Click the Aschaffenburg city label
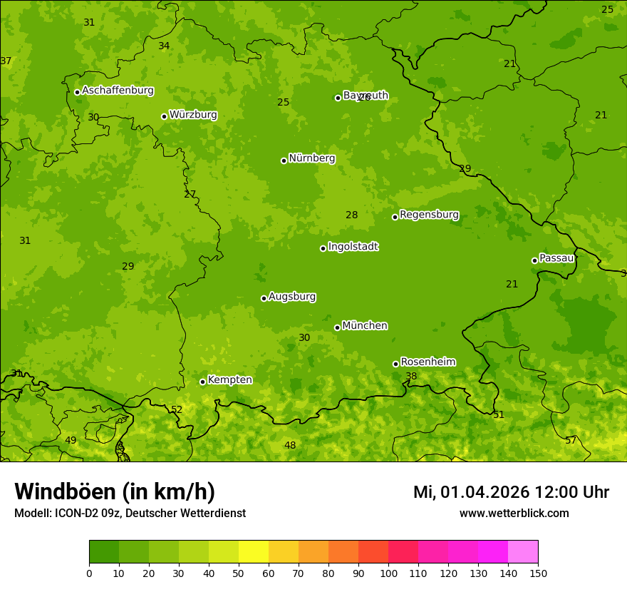tap(118, 91)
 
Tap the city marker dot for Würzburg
tap(164, 116)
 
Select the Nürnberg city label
tap(311, 158)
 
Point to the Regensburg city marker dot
tap(395, 217)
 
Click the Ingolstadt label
tap(353, 247)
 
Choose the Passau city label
tap(556, 258)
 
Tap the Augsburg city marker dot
tap(264, 298)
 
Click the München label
tap(364, 326)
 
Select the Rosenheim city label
tap(427, 362)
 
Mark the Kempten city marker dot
tap(202, 382)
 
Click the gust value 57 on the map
tap(570, 441)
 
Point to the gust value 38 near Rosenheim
tap(411, 377)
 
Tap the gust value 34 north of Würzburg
tap(164, 46)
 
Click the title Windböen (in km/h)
tap(114, 491)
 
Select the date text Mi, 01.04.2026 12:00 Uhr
tap(511, 492)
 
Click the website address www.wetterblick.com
tap(514, 513)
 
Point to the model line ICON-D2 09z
tap(129, 513)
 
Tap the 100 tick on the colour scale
tap(388, 573)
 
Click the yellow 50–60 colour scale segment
tap(254, 552)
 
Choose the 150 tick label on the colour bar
tap(537, 573)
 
